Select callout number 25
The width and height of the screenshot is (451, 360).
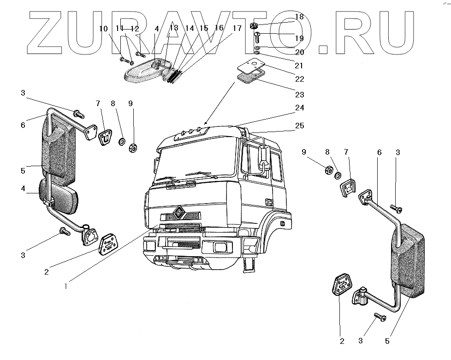300,126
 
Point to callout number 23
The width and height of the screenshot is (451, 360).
300,95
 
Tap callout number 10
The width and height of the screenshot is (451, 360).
103,29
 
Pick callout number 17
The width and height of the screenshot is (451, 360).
237,29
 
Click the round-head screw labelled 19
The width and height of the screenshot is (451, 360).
257,35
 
